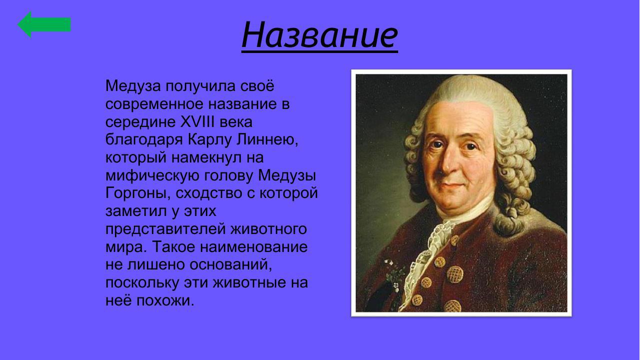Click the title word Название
pyautogui.click(x=319, y=34)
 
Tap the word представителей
pyautogui.click(x=165, y=229)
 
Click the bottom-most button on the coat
pyautogui.click(x=453, y=305)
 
